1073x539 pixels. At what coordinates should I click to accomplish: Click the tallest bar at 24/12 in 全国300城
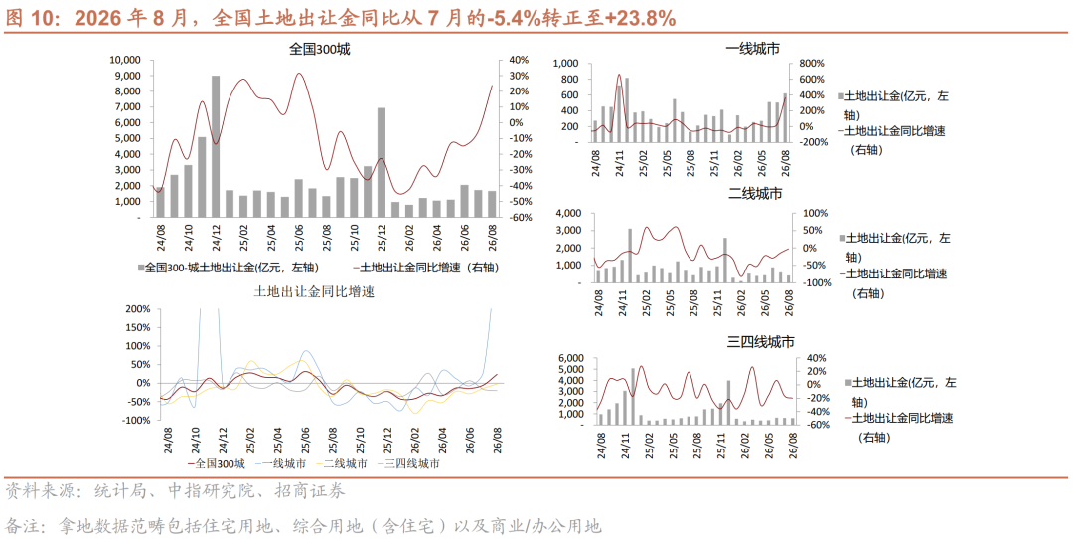coord(216,146)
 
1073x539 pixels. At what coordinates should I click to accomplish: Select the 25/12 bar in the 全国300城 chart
coord(382,162)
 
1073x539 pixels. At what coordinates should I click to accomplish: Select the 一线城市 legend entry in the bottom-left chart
coord(278,463)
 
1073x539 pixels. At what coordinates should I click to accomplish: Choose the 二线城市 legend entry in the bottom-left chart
coord(340,463)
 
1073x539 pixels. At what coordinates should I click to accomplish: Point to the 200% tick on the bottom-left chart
coord(138,309)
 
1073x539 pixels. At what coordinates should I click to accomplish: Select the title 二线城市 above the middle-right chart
coord(755,194)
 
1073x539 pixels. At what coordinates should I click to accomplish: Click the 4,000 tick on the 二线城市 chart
coord(568,213)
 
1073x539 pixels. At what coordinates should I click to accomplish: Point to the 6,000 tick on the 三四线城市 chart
coord(571,358)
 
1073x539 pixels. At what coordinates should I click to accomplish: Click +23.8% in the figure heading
coord(641,19)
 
